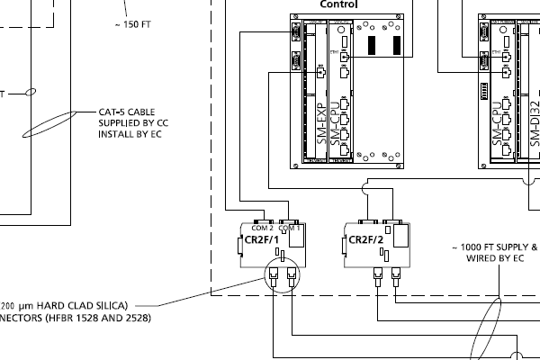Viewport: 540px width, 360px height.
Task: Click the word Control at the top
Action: [338, 4]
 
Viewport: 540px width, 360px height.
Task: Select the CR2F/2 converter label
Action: [365, 240]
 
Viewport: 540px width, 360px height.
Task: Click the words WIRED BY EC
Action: [494, 257]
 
